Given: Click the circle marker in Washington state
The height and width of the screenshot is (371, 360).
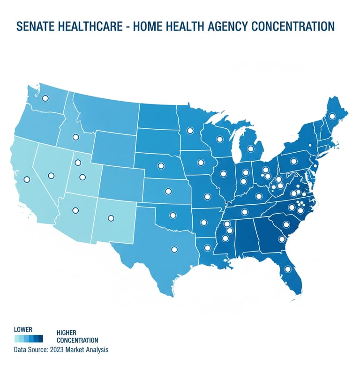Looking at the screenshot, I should [x=45, y=98].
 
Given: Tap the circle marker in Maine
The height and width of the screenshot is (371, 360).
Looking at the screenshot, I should [x=332, y=116].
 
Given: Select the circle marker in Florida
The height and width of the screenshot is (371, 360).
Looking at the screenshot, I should [x=288, y=269].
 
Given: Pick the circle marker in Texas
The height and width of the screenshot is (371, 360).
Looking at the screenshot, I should [x=174, y=250].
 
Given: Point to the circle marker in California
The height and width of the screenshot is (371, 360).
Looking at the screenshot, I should [x=27, y=179].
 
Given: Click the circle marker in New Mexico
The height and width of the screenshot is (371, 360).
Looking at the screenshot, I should [x=111, y=218].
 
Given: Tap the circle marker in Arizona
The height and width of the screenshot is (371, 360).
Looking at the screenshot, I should [x=75, y=210].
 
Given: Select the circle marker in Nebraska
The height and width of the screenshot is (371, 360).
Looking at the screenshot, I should [x=161, y=165].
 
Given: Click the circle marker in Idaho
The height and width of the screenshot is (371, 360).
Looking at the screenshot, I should [x=75, y=138].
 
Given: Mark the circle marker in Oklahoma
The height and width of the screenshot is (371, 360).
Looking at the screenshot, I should [x=172, y=216].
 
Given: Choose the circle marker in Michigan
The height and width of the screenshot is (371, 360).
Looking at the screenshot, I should [x=250, y=149].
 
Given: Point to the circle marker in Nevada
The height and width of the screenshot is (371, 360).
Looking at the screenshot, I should [x=51, y=175].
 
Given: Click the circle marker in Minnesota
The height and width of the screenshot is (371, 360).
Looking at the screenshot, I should [x=190, y=131].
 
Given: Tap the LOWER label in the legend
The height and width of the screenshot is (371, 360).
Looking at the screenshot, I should [x=23, y=330].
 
